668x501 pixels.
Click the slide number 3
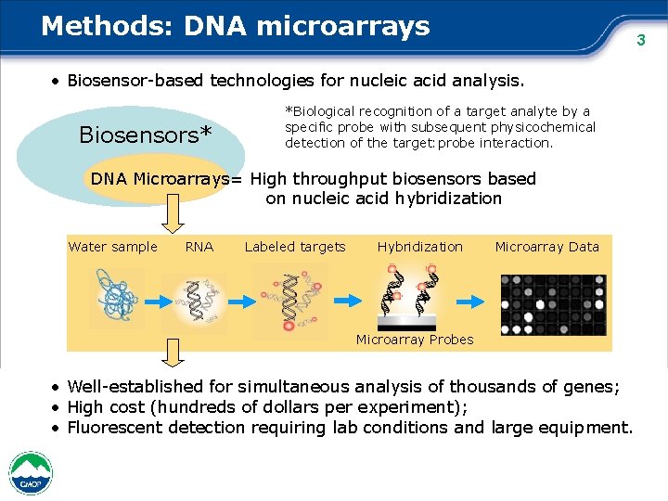[x=639, y=40]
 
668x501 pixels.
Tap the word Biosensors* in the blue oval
[x=146, y=135]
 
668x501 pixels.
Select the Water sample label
[x=113, y=247]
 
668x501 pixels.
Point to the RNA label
[x=199, y=247]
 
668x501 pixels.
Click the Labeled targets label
[x=295, y=247]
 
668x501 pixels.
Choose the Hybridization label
[x=419, y=247]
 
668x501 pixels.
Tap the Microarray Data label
[x=546, y=247]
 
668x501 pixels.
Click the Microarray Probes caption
[x=415, y=340]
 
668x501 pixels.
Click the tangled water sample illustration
[x=117, y=299]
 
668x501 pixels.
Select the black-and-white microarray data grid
[x=553, y=303]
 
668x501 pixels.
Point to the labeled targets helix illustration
[x=290, y=300]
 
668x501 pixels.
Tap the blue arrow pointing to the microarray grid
[x=472, y=301]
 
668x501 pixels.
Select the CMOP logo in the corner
[x=31, y=472]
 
